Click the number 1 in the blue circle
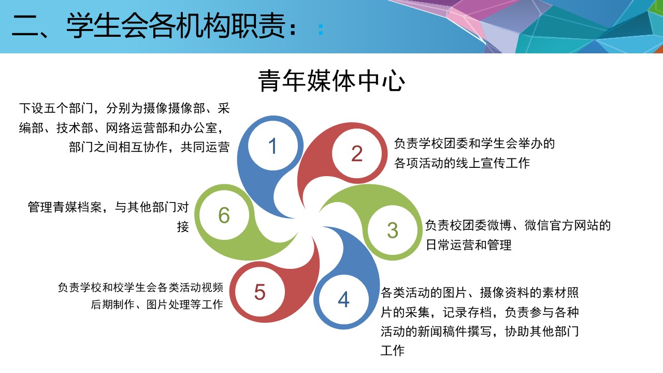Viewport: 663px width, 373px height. [272, 146]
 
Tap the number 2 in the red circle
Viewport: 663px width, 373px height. [357, 153]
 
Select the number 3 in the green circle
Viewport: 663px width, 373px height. [393, 230]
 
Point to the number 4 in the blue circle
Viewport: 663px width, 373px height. [343, 299]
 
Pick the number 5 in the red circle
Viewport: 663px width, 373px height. [260, 292]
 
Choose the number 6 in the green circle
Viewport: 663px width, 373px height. [224, 215]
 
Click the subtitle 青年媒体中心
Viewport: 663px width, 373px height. [331, 81]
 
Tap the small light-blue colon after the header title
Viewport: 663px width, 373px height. [321, 30]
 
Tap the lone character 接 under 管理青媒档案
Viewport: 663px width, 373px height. [183, 227]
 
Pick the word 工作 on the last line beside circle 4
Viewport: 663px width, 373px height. [393, 351]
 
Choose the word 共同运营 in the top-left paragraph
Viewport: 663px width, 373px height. [205, 147]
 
